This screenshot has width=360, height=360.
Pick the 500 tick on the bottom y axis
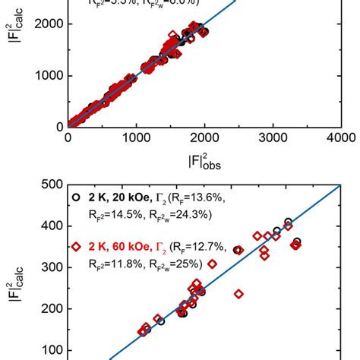(x=52, y=185)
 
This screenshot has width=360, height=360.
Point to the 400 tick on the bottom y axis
(x=52, y=226)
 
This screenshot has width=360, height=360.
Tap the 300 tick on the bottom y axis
(x=52, y=267)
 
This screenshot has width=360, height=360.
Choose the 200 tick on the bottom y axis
(x=52, y=309)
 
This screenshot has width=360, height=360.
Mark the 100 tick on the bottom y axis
(x=52, y=350)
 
